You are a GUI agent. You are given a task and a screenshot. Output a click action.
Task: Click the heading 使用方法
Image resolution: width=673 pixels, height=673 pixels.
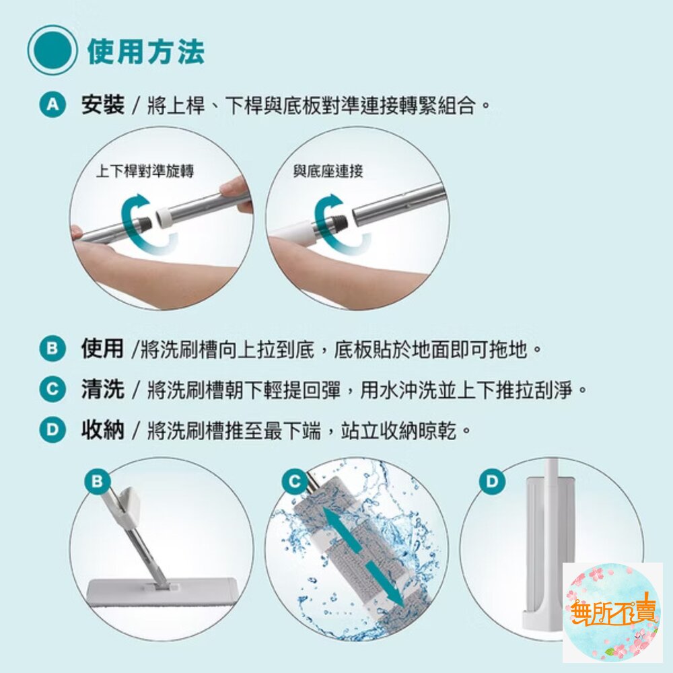click(x=145, y=52)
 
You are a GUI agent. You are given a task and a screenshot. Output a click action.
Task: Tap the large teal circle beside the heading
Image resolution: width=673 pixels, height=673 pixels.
click(x=52, y=50)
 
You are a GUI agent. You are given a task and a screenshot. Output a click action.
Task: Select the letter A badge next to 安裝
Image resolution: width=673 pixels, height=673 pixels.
click(x=52, y=104)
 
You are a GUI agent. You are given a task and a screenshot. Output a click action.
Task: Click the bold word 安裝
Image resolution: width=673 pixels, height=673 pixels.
click(x=102, y=104)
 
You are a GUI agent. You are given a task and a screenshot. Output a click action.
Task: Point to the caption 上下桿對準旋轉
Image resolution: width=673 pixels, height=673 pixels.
click(x=145, y=171)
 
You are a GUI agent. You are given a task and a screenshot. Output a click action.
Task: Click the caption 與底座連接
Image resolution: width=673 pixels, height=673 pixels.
click(x=328, y=171)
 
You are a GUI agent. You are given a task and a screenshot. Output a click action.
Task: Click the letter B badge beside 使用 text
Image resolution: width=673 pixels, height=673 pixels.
click(x=52, y=348)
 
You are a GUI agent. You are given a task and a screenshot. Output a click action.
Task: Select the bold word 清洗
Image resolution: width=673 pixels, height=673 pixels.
click(x=102, y=389)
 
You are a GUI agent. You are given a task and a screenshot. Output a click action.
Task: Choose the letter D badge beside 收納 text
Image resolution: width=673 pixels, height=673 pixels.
click(x=52, y=429)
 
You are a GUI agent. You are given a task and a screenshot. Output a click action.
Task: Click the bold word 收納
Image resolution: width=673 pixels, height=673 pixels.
click(x=102, y=429)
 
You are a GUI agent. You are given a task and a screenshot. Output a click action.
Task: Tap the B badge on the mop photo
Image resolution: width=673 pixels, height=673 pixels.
click(x=98, y=481)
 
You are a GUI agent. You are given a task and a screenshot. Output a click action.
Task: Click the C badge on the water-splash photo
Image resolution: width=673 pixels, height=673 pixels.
click(x=295, y=481)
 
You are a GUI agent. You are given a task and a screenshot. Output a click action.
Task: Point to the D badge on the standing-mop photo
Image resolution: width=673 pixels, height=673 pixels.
click(x=491, y=481)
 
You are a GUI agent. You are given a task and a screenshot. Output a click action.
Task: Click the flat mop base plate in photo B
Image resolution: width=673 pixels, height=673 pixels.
click(x=162, y=593)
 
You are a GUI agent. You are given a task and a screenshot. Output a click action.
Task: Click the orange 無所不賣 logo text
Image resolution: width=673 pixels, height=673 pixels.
click(x=614, y=610)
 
